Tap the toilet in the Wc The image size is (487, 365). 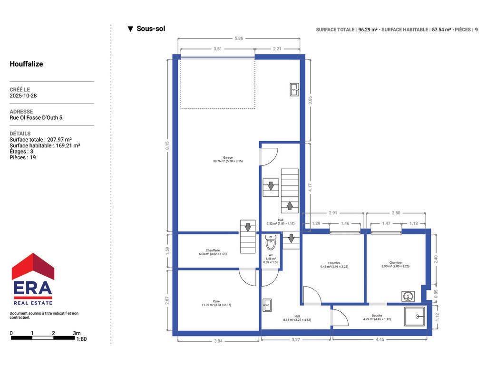click(271, 242)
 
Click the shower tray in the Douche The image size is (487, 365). click(415, 317)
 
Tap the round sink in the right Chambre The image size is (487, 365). click(408, 297)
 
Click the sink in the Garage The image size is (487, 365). click(294, 90)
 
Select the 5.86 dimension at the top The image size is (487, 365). click(239, 38)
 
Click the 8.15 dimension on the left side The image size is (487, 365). click(167, 145)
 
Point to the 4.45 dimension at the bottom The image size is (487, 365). click(380, 339)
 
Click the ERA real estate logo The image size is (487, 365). click(33, 279)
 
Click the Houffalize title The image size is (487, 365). click(27, 64)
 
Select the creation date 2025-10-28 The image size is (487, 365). click(23, 96)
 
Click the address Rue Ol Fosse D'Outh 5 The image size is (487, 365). click(36, 118)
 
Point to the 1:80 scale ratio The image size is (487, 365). click(81, 339)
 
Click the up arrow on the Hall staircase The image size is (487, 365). click(290, 205)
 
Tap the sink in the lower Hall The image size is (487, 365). click(267, 305)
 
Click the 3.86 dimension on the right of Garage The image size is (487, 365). click(310, 100)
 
